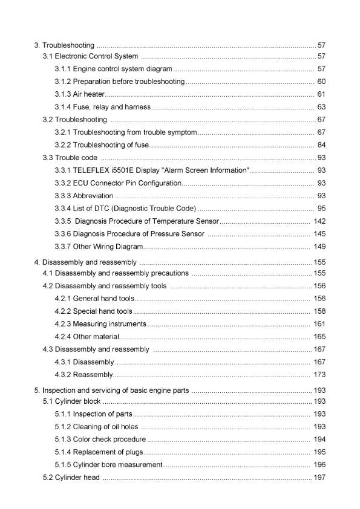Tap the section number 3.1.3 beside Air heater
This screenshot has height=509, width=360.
[x=63, y=94]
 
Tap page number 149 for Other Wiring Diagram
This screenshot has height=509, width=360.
[x=319, y=247]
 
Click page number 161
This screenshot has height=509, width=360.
[x=319, y=323]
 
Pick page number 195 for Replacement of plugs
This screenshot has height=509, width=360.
[x=319, y=452]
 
